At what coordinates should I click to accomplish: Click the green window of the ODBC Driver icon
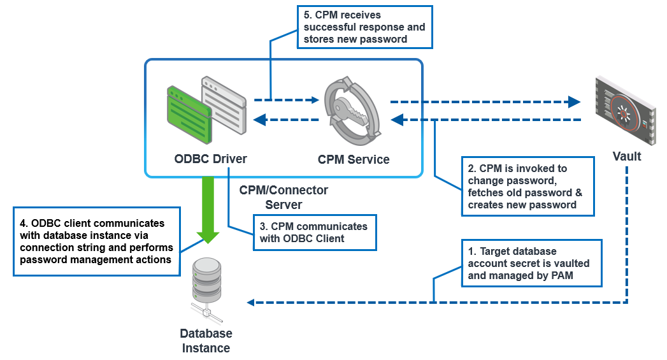pos(187,115)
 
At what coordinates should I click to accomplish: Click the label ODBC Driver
pos(210,159)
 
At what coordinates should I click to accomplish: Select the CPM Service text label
pos(354,159)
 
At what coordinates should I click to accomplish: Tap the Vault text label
pos(627,156)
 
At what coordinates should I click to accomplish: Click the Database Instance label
pos(206,341)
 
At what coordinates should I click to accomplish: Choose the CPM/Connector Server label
pos(283,198)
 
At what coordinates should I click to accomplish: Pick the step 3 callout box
pos(313,233)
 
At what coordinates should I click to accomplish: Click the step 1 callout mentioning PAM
pos(532,263)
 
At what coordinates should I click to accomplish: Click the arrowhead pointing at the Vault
pos(575,101)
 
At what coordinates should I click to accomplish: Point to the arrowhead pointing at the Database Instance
pos(251,302)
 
